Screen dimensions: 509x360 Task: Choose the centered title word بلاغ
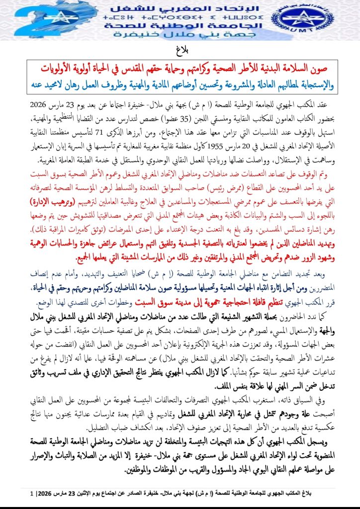[180, 50]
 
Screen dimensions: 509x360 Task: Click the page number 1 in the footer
[33, 495]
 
